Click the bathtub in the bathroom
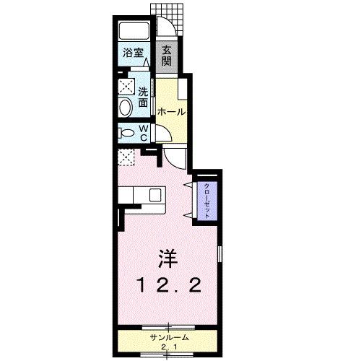(x=134, y=31)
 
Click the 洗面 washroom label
(x=143, y=97)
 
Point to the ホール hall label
(x=171, y=112)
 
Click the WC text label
(x=144, y=133)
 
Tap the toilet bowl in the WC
(x=127, y=134)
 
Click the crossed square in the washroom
(x=126, y=87)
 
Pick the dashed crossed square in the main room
(x=127, y=157)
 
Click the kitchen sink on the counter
(x=155, y=193)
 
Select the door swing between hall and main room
(x=173, y=155)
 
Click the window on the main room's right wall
(x=219, y=256)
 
